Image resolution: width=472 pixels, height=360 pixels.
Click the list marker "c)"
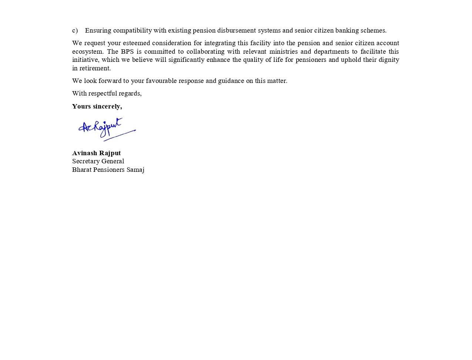point(75,30)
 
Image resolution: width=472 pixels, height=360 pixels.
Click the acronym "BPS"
point(127,51)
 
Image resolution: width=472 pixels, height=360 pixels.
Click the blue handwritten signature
point(106,129)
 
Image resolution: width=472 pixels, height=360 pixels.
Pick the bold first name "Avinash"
point(85,153)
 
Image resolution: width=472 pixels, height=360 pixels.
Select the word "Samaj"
point(135,170)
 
